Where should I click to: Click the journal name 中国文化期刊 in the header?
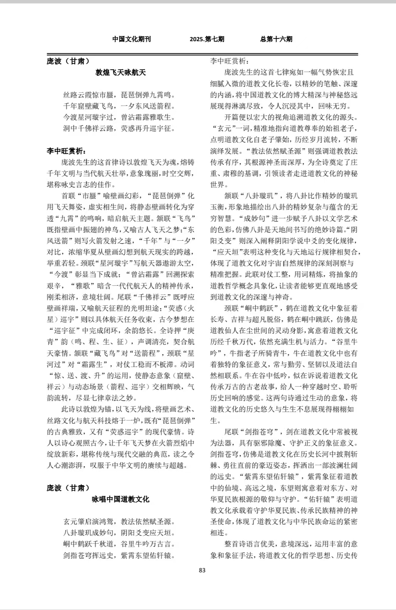[x=131, y=39]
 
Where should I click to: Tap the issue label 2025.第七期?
[x=207, y=39]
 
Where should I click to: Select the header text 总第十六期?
[x=276, y=39]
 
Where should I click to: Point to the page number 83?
[x=202, y=570]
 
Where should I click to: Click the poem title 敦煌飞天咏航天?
[x=121, y=72]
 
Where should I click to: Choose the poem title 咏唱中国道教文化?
[x=121, y=499]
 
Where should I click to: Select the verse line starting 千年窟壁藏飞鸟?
[x=119, y=106]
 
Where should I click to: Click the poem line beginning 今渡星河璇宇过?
[x=119, y=117]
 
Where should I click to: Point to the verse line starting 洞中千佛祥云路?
[x=119, y=128]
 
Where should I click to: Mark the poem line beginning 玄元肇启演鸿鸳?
[x=119, y=522]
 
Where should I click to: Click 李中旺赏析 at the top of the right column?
[x=230, y=61]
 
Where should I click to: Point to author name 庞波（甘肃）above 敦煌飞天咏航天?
[x=68, y=61]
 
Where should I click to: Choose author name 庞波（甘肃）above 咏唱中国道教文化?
[x=68, y=488]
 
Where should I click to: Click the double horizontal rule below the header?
[x=202, y=54]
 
